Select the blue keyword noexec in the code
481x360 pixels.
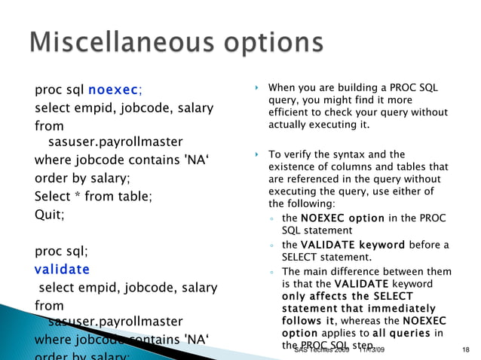112,92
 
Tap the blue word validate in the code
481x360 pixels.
63,269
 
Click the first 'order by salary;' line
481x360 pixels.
82,178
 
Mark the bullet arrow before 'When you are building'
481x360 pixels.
256,89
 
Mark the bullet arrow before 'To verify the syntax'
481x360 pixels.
256,154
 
